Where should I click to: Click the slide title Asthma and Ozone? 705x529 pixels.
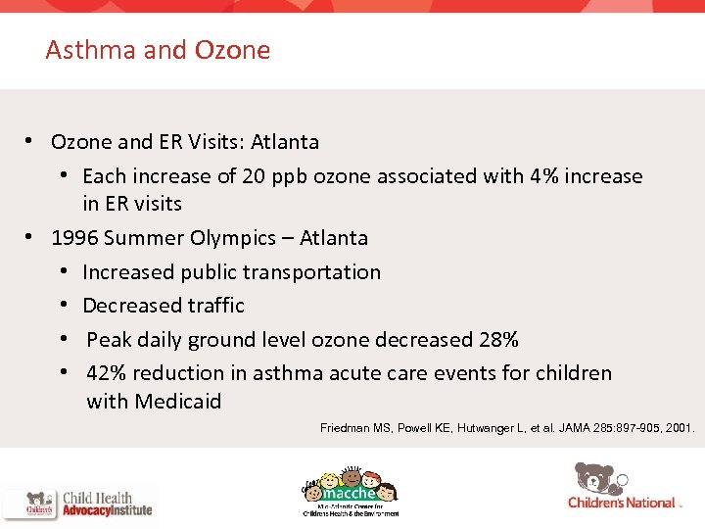(x=158, y=50)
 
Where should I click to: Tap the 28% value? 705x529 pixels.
(x=497, y=340)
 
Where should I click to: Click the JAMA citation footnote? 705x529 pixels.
(x=507, y=428)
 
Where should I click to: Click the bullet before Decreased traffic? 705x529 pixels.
(x=63, y=306)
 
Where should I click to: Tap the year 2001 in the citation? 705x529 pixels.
(x=677, y=428)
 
